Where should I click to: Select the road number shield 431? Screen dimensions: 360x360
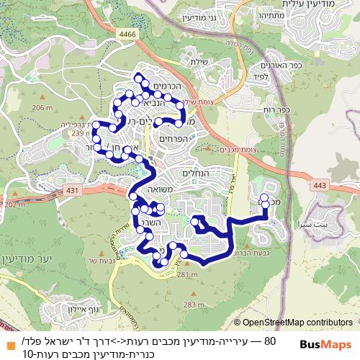coord(70,189)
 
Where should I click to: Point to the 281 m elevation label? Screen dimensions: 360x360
coord(186,274)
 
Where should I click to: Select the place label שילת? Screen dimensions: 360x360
coord(199,63)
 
